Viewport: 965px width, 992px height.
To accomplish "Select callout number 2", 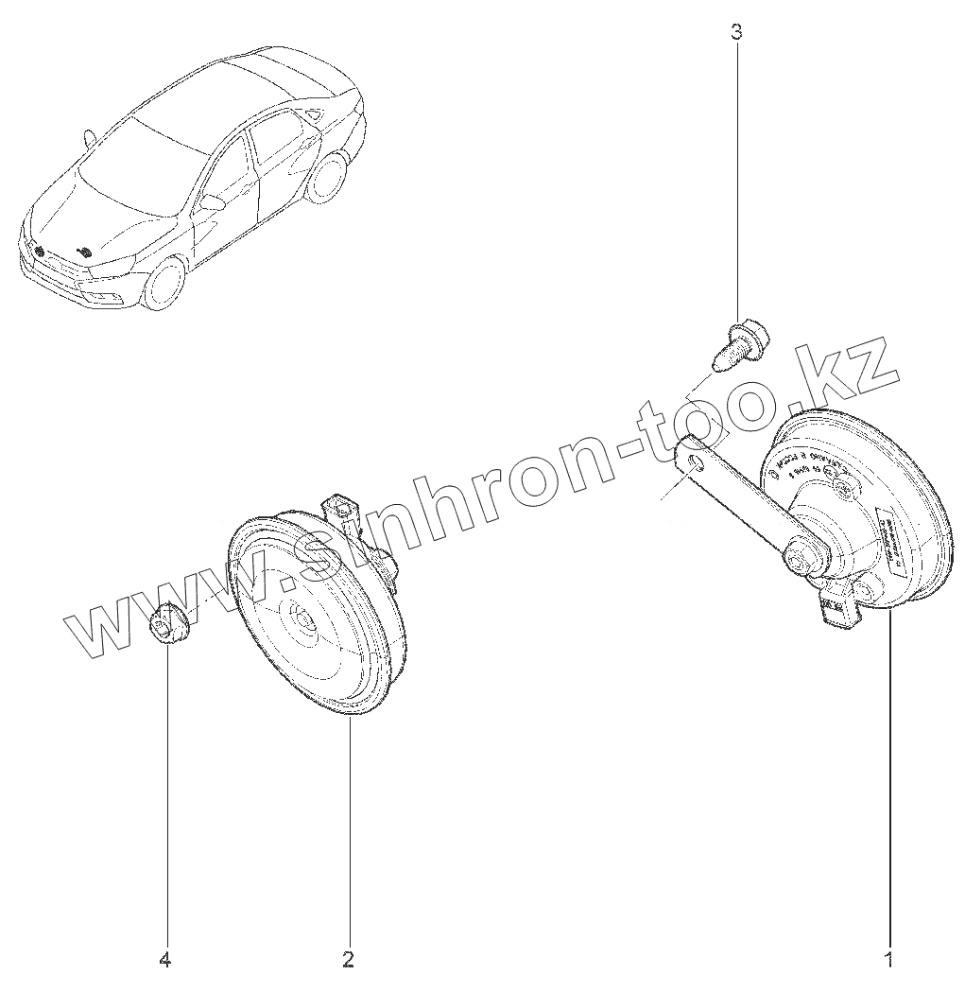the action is point(348,960).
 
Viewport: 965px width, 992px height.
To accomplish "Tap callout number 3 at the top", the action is point(736,32).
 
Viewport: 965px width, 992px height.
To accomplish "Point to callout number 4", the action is point(165,960).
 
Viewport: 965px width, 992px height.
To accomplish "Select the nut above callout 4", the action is point(167,626).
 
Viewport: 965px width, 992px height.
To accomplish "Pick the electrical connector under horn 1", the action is point(837,610).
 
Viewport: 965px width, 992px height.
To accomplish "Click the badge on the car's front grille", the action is point(40,251).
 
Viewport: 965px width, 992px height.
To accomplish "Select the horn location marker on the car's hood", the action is point(84,252).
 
